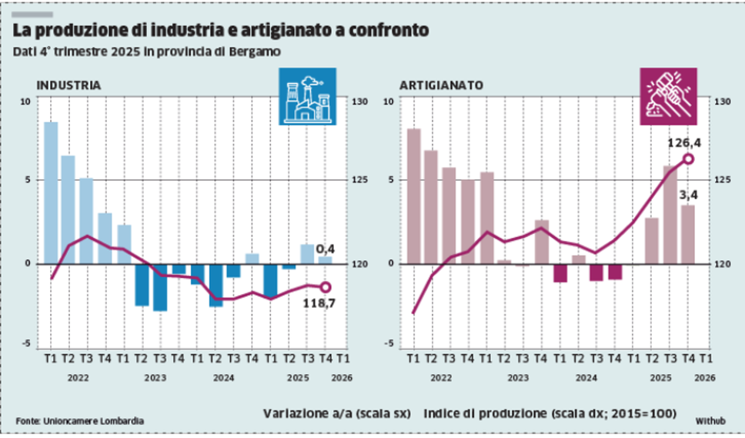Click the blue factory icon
(307, 96)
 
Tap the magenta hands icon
(669, 96)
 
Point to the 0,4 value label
(326, 248)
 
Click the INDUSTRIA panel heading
(68, 85)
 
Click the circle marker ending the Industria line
(325, 287)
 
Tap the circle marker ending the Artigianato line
(688, 159)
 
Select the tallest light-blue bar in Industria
(51, 192)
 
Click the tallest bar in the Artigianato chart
(413, 196)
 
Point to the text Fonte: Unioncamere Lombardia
(79, 420)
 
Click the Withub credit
(710, 421)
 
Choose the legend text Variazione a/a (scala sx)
(336, 413)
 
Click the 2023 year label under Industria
(155, 378)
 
